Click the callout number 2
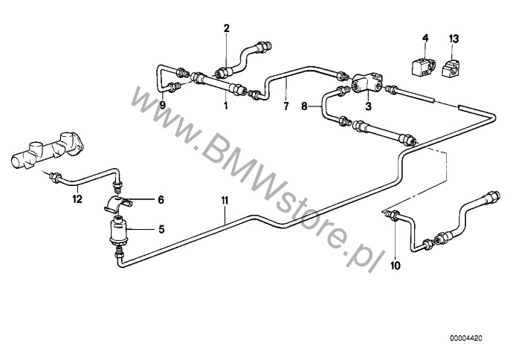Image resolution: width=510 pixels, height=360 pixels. [x=226, y=28]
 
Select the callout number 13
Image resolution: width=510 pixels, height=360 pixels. [x=453, y=39]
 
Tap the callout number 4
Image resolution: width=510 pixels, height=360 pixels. [x=425, y=38]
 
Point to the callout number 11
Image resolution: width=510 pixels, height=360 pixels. [x=225, y=201]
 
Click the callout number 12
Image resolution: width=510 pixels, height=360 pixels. [x=77, y=199]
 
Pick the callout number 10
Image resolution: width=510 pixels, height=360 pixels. [x=396, y=266]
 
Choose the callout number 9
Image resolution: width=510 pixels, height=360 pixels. [x=163, y=105]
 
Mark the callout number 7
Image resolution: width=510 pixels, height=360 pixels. [x=286, y=106]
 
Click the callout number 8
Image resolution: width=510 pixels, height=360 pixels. [x=304, y=106]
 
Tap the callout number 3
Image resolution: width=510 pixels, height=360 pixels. [x=368, y=106]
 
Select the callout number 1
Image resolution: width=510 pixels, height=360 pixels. [x=225, y=106]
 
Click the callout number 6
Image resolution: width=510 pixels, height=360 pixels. [x=161, y=199]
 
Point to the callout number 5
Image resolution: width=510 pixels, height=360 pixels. [x=161, y=230]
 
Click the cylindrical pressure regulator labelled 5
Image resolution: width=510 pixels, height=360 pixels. [x=117, y=232]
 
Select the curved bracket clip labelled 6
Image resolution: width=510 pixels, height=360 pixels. [x=118, y=204]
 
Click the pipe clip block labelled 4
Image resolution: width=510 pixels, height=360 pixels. [x=422, y=67]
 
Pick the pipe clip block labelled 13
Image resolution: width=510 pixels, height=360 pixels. [x=451, y=67]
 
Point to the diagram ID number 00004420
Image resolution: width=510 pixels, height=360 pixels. [x=466, y=338]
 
